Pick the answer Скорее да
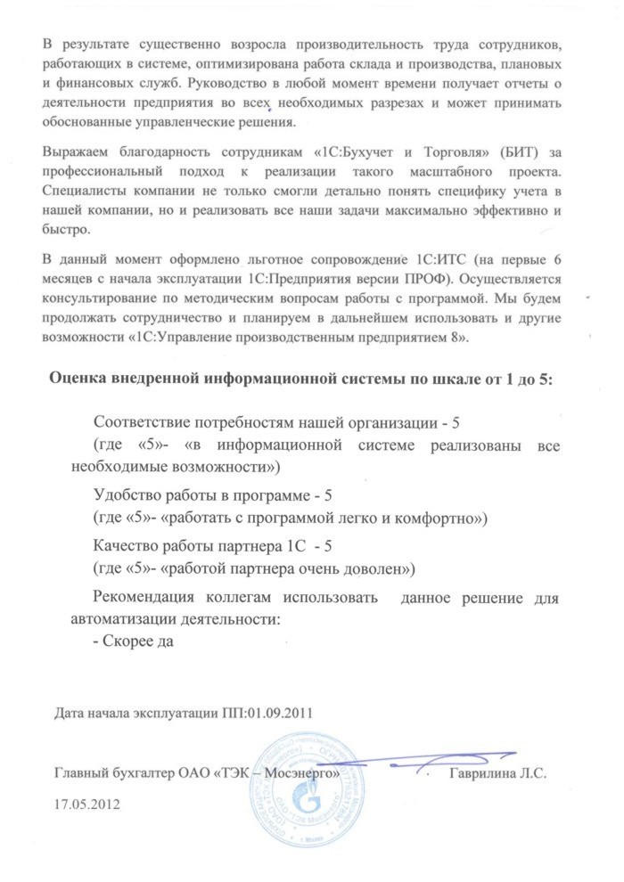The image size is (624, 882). [x=138, y=639]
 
